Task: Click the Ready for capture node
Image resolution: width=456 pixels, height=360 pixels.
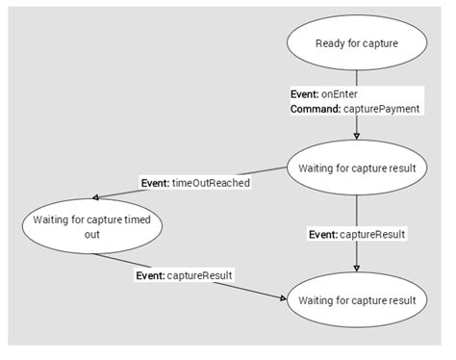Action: tap(356, 43)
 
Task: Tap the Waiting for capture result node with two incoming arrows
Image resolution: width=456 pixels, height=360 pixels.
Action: tap(356, 300)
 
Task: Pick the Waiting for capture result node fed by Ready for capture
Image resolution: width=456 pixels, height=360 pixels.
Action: tap(356, 167)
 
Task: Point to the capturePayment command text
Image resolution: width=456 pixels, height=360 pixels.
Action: tap(385, 109)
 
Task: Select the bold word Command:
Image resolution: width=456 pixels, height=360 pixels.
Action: tap(315, 109)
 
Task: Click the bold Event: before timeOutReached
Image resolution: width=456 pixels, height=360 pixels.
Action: tap(155, 183)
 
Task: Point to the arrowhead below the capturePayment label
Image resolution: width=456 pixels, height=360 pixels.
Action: tap(357, 135)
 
